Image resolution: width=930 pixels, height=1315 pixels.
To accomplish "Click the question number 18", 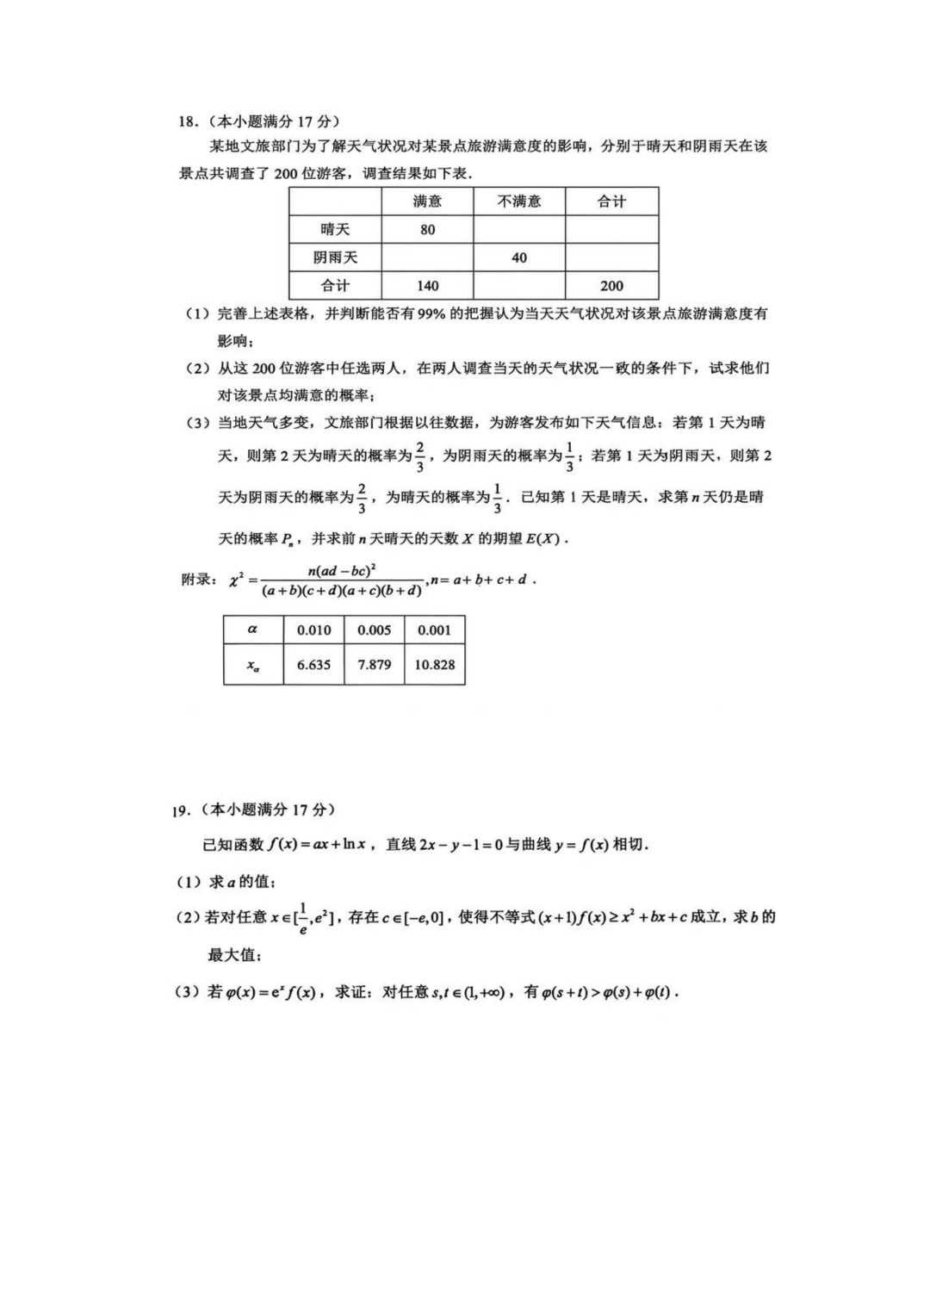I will tap(187, 121).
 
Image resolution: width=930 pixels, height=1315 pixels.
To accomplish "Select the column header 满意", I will tap(427, 202).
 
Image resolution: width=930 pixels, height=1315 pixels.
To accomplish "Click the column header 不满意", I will tap(519, 202).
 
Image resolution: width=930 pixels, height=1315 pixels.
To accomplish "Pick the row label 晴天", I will tap(335, 230).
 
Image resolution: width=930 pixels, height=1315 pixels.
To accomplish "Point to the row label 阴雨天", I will tap(335, 257).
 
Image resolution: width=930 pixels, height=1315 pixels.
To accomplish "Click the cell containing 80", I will tap(427, 230).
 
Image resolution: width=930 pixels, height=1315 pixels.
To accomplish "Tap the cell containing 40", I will tap(519, 257).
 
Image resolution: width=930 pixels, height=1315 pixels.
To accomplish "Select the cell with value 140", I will tap(427, 286).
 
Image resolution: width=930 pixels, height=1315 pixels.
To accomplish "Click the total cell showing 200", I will tap(611, 286).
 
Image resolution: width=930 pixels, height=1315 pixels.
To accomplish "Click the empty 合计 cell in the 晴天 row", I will tap(611, 230).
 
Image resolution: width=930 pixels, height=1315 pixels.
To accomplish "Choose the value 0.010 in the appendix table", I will tap(313, 630).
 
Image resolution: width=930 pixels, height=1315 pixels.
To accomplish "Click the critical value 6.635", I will tap(313, 665).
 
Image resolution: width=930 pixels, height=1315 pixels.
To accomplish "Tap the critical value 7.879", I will tap(374, 665).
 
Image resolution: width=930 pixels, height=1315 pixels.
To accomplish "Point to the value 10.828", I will tap(434, 665).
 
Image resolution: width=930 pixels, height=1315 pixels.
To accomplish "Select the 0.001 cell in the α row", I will tap(434, 630).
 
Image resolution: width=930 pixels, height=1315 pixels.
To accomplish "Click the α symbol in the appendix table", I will tap(252, 630).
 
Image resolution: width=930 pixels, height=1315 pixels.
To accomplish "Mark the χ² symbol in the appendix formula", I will tap(237, 580).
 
